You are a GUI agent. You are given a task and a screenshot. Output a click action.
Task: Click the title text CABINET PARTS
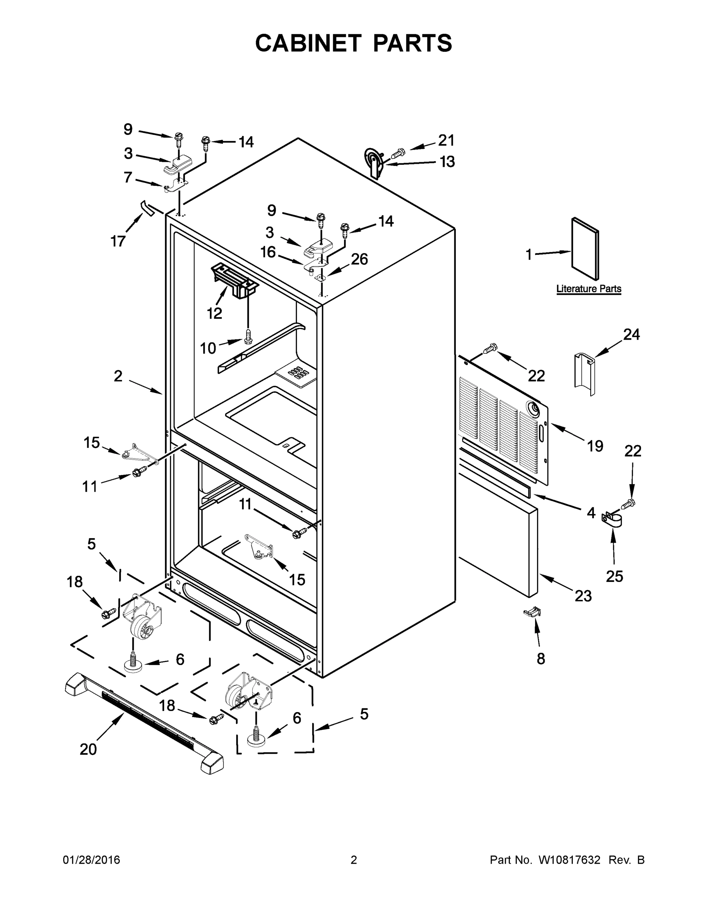click(x=354, y=43)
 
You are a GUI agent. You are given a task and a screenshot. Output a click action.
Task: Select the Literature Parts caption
click(x=588, y=289)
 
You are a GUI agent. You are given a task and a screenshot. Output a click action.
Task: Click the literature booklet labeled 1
click(x=585, y=249)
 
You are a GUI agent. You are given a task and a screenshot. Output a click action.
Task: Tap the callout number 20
click(x=88, y=749)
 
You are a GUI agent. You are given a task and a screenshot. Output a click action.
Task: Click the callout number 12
click(x=215, y=313)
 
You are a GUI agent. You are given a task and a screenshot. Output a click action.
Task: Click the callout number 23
click(x=583, y=596)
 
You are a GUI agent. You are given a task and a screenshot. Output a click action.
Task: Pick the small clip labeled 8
click(x=532, y=613)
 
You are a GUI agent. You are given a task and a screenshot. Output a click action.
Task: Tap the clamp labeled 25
click(x=612, y=521)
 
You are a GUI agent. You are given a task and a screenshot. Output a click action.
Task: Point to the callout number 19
click(x=595, y=446)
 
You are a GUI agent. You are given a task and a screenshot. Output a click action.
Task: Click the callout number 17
click(x=118, y=241)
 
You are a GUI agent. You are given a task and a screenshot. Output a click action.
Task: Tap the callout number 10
click(x=208, y=348)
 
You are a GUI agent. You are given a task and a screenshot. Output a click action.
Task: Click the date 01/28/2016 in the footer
click(x=91, y=860)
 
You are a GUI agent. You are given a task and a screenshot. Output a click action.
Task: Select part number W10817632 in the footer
click(x=569, y=860)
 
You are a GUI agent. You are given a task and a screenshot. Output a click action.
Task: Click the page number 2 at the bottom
click(x=354, y=860)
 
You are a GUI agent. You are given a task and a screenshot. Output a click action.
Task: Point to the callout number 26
click(x=359, y=259)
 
